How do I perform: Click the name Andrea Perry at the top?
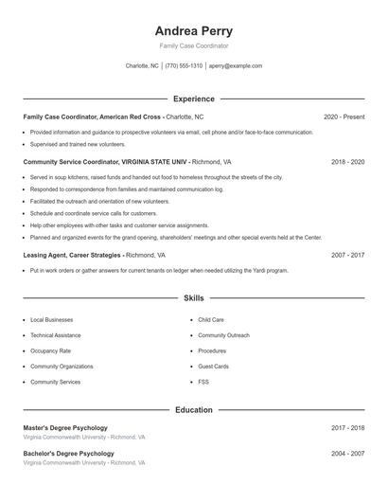click(194, 30)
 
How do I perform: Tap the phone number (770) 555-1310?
click(184, 66)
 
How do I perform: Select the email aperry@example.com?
click(236, 66)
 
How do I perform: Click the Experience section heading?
click(194, 99)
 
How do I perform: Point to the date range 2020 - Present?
click(344, 117)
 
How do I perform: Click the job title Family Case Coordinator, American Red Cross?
click(93, 117)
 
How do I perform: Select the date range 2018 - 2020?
click(347, 162)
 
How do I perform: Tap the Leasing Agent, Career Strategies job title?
click(72, 255)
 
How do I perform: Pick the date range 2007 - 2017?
click(347, 255)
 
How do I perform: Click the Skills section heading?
click(194, 297)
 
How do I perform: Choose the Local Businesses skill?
click(50, 320)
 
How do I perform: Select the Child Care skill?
click(211, 320)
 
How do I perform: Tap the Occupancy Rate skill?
click(50, 350)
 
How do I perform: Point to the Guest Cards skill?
click(213, 366)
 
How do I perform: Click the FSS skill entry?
click(203, 382)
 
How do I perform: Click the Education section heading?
click(194, 410)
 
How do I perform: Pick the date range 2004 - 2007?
click(347, 454)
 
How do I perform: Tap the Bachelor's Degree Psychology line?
click(68, 454)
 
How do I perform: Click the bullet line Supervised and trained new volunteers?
click(78, 145)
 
